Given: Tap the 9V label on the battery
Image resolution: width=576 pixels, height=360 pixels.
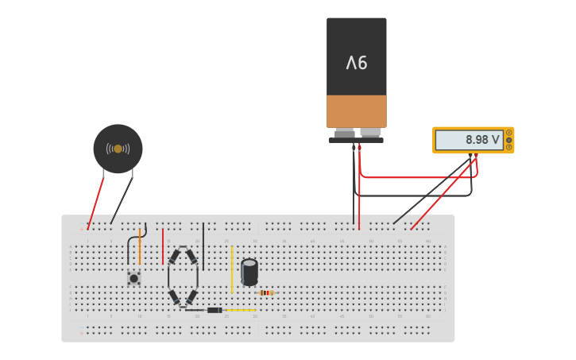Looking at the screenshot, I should [356, 62].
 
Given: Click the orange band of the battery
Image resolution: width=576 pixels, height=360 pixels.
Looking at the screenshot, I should [356, 111].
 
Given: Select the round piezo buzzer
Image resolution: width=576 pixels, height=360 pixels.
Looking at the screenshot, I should [118, 149].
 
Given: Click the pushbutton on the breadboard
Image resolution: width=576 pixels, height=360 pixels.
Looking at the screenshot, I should [133, 278].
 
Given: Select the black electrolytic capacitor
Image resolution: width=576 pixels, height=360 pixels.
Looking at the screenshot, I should [249, 272].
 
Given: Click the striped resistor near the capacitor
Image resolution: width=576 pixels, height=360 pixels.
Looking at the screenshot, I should [266, 292].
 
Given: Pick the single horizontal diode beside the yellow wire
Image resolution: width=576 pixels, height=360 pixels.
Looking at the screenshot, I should [214, 310].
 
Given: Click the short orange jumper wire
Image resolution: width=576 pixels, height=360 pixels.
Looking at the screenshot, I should [140, 246].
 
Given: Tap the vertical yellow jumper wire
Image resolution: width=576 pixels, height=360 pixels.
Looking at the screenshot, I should [232, 269].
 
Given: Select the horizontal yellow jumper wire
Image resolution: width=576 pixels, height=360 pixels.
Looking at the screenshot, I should [241, 310].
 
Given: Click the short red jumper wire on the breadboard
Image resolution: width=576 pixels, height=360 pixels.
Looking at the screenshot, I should [163, 246].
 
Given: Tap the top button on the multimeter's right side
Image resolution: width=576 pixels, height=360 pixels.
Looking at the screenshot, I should [508, 133].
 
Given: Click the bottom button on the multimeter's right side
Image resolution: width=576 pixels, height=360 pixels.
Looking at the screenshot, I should [508, 147].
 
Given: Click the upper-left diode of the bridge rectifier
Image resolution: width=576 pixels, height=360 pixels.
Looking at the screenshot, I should [174, 257].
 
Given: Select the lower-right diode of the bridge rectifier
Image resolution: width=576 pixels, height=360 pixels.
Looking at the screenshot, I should [191, 297].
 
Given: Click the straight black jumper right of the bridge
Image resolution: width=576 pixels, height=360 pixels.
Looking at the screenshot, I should [203, 246].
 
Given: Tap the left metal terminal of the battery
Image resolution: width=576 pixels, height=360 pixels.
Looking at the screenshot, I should [345, 133].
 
